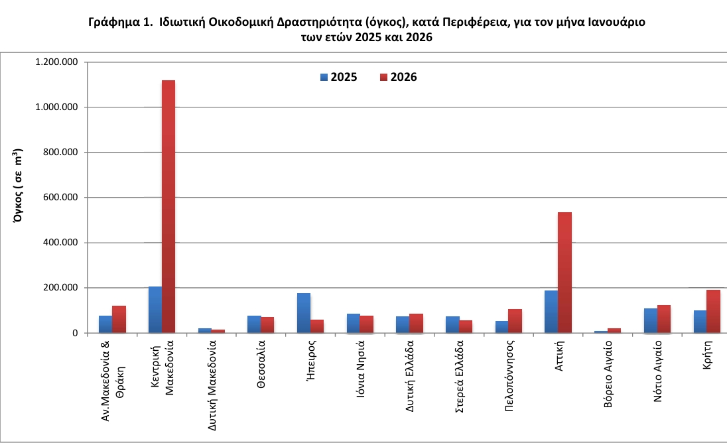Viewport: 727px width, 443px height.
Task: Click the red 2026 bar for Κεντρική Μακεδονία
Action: point(168,206)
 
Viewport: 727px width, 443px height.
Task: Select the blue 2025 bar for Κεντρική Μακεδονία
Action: point(155,310)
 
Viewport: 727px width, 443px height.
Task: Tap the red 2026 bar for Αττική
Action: point(564,273)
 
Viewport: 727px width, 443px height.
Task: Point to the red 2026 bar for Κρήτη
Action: point(713,311)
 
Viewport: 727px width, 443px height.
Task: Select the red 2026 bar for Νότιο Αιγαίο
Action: point(663,319)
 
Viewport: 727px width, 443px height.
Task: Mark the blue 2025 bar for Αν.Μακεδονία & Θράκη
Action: point(105,324)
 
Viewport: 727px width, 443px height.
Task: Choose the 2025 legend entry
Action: point(339,77)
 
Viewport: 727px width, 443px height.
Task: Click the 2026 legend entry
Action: point(398,77)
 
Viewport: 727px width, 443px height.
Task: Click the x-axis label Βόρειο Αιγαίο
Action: point(608,375)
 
